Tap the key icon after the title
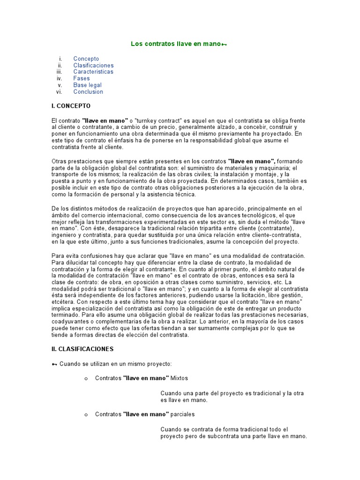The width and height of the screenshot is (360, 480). coord(225,45)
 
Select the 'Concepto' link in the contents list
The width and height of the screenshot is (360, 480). coord(86,59)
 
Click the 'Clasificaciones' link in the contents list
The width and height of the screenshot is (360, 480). coord(93,65)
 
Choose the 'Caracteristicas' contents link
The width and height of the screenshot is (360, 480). coord(93,72)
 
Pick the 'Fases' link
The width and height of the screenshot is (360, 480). coord(81,78)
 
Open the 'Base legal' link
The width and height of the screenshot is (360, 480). coord(87,85)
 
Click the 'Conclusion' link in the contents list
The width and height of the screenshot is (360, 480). coord(88,91)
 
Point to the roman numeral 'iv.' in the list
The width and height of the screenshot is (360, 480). coord(60,78)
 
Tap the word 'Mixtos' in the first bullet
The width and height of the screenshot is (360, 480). coord(180,377)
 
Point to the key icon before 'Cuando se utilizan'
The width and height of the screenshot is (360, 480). coord(54,364)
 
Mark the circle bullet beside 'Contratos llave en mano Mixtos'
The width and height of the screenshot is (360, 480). coord(86,378)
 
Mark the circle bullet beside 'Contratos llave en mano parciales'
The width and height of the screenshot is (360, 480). coord(86,415)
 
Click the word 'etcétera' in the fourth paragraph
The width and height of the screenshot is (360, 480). coord(63,302)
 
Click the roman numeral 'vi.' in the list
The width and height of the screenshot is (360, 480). coord(60,91)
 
